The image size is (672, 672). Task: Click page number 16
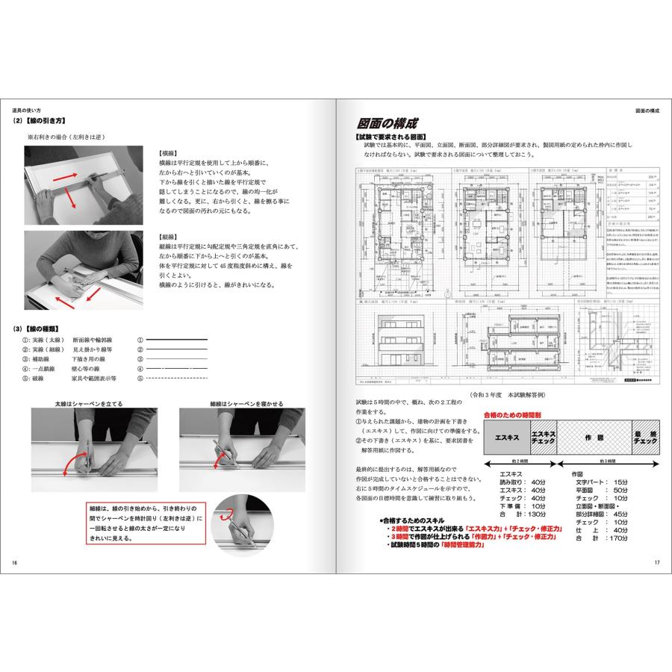[x=15, y=562]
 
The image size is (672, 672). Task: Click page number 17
[x=656, y=562]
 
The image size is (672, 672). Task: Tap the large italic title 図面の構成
[x=388, y=124]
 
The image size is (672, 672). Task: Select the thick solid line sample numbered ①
[x=177, y=340]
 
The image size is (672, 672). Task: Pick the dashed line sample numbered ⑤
[x=177, y=379]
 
